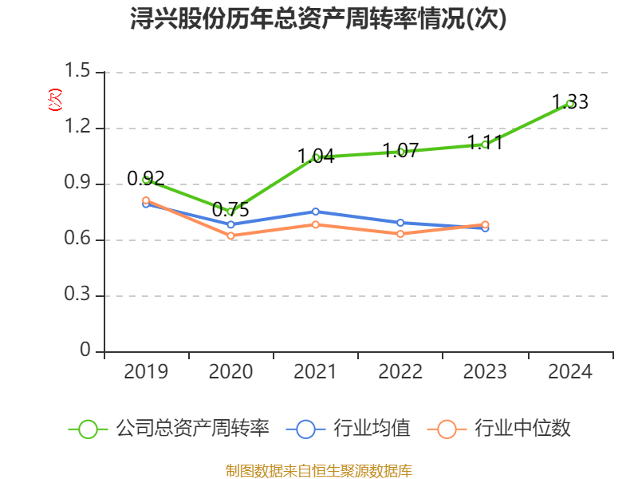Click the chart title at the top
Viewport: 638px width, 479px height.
[x=319, y=19]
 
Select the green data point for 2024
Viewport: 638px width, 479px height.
[x=569, y=103]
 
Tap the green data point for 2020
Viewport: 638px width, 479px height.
[x=230, y=212]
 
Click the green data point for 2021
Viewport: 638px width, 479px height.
[x=316, y=157]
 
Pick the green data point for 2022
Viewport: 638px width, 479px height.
[x=400, y=152]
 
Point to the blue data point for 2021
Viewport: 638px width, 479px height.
[x=316, y=212]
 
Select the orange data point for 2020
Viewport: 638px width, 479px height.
[x=230, y=236]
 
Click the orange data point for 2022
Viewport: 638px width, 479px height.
[x=400, y=234]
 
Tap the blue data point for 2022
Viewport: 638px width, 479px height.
[x=400, y=223]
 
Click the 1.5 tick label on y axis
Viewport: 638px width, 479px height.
[x=80, y=73]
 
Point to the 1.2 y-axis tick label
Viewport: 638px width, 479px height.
[x=80, y=129]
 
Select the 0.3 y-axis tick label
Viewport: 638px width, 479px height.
[x=80, y=296]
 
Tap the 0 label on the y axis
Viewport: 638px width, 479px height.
[x=86, y=352]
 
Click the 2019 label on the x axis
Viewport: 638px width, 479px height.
[x=146, y=372]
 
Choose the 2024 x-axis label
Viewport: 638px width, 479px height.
[x=569, y=372]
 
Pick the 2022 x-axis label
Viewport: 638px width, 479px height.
[x=400, y=372]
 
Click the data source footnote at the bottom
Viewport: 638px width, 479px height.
[x=319, y=470]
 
